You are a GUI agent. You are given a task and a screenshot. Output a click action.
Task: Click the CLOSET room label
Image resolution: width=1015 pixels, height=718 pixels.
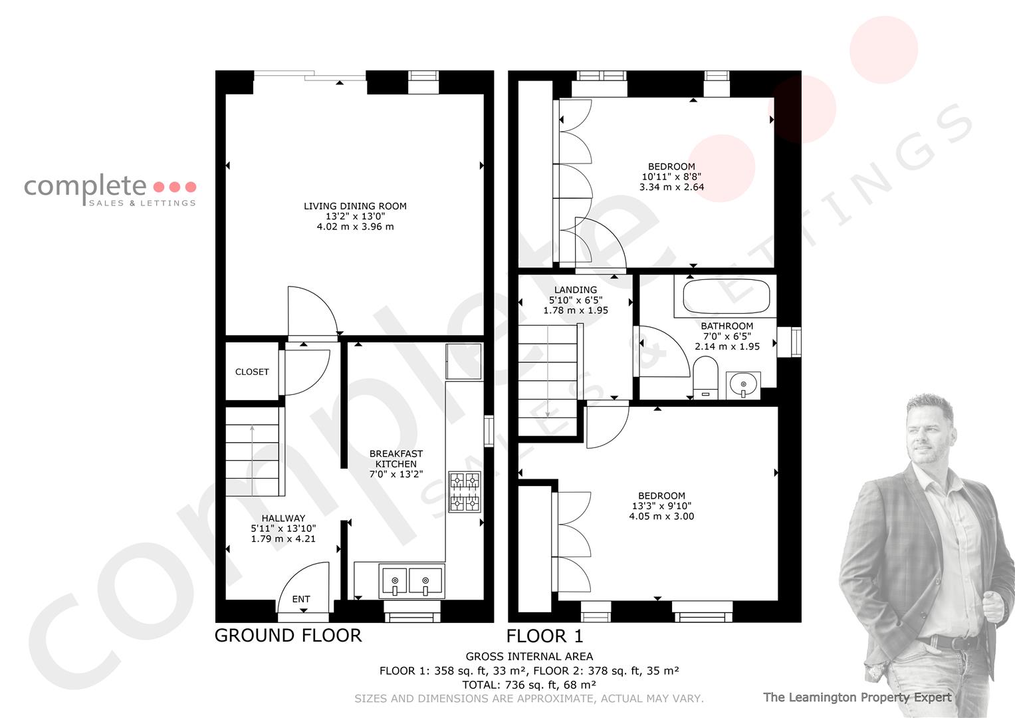(x=252, y=372)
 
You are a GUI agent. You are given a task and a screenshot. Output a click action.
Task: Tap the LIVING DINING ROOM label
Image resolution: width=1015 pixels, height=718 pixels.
(x=355, y=206)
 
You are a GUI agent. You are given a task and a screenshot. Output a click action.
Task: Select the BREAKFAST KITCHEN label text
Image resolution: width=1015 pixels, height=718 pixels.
(x=396, y=459)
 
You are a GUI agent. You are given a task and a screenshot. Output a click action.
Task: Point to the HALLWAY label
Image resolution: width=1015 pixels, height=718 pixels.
(x=283, y=518)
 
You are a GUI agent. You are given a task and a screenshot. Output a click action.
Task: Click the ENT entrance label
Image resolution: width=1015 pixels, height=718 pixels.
(x=301, y=599)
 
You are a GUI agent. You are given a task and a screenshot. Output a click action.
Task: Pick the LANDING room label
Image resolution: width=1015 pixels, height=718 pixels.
(x=576, y=290)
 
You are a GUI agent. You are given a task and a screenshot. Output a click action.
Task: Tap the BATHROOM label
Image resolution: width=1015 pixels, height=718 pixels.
(x=727, y=326)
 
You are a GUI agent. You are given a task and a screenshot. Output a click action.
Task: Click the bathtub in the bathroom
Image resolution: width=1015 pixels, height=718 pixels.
(x=725, y=296)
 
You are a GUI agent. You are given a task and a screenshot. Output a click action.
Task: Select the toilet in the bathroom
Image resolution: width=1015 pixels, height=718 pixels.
(x=705, y=378)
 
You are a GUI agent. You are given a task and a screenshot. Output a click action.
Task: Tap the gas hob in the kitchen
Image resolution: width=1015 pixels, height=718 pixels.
(x=465, y=492)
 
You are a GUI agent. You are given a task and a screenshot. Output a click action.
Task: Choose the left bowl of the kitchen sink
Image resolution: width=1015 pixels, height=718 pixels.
(x=395, y=581)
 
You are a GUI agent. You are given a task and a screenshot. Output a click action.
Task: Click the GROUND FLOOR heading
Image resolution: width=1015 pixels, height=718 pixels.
(x=288, y=636)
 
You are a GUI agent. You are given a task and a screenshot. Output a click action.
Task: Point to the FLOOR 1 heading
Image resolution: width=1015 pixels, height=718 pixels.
(x=544, y=636)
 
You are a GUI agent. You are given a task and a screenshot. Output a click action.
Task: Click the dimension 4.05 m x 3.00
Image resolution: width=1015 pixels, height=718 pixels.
(x=661, y=517)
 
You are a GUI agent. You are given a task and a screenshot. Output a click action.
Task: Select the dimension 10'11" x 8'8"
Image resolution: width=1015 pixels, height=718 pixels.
(x=671, y=177)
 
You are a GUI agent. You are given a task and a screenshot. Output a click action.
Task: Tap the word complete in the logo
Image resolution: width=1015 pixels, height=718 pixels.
(x=85, y=186)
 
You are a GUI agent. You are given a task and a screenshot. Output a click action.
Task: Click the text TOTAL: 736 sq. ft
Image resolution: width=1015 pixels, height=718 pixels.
(x=506, y=685)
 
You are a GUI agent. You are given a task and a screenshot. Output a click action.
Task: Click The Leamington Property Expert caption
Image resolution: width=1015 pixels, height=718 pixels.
(x=857, y=697)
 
